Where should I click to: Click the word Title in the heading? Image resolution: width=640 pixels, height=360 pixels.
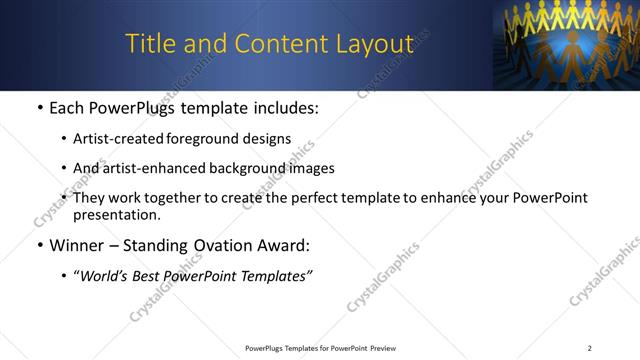[x=149, y=44]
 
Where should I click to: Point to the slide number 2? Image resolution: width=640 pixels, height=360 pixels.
[x=590, y=348]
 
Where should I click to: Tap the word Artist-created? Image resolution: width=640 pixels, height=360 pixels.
[x=117, y=139]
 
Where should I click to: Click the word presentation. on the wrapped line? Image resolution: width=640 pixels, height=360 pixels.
[x=116, y=214]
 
